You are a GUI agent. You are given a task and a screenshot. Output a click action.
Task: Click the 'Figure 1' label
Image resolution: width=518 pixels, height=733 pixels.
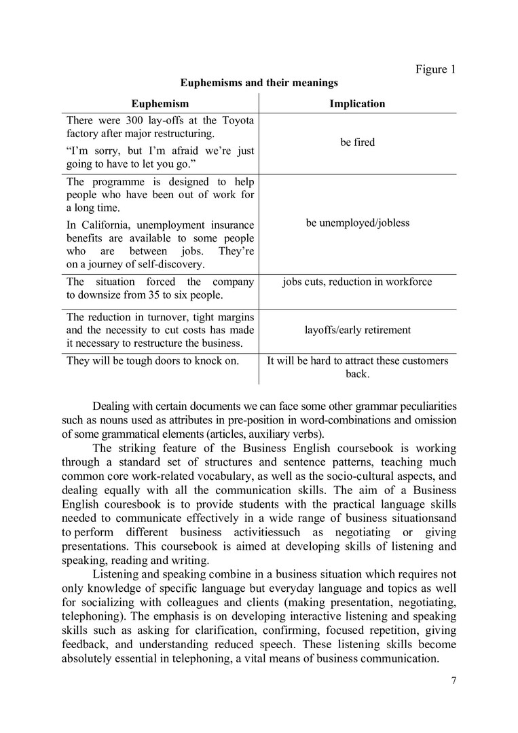point(435,69)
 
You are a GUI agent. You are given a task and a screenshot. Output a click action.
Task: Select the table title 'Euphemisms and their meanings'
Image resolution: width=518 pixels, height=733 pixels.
point(259,83)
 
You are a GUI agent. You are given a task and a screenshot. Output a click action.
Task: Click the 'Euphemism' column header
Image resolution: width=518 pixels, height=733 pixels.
point(160,104)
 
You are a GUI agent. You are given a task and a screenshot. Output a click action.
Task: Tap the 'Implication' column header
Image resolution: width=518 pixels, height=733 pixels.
point(357,104)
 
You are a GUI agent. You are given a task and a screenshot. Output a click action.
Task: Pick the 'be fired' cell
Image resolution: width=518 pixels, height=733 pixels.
point(357,143)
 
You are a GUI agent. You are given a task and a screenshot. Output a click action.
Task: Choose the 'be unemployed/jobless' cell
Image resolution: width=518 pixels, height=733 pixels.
point(357,223)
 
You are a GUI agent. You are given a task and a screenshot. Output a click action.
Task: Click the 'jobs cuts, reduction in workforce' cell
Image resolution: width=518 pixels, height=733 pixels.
point(357,282)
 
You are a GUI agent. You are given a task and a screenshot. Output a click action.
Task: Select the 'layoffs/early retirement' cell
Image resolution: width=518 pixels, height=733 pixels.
point(357,330)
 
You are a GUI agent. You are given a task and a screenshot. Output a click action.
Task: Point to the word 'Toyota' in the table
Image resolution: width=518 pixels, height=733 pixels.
point(238,120)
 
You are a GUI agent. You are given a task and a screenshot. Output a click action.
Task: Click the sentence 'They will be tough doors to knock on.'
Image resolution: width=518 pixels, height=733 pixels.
point(152,361)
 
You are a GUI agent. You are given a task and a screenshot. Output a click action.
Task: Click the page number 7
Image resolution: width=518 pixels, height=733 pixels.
point(453,682)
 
